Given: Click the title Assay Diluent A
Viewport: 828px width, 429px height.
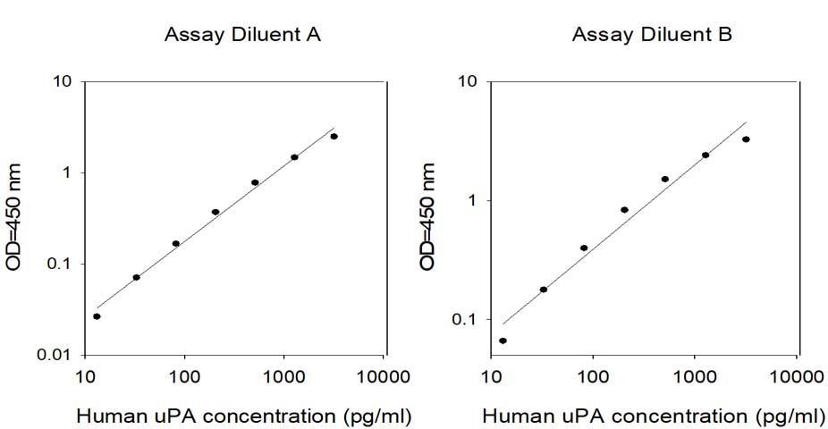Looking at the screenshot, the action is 242,35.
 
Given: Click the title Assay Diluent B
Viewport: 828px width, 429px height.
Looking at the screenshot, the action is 652,35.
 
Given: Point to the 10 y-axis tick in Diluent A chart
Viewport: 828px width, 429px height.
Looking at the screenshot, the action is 63,82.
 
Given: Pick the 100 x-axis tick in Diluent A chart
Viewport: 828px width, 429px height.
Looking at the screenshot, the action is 185,377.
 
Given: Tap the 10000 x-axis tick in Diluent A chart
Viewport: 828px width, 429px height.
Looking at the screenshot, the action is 384,377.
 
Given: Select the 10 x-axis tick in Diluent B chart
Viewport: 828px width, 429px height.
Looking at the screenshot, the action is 492,377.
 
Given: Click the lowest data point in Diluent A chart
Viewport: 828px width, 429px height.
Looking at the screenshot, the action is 97,316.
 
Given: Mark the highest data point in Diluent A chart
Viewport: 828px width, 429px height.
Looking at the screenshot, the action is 334,137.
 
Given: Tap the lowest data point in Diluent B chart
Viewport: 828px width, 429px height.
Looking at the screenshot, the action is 503,341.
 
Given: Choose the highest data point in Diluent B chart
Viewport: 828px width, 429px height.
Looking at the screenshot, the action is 746,139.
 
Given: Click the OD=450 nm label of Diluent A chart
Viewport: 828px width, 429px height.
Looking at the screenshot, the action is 14,217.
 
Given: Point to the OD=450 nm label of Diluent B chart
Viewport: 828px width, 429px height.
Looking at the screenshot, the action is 427,217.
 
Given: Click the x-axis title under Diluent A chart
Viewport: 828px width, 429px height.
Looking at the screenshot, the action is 244,416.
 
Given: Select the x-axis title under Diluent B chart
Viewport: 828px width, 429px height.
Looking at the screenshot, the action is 654,416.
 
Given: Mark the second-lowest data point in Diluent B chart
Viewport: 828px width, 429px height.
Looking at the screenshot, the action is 544,290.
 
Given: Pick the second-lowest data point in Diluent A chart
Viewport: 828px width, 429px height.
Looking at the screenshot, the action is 136,278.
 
